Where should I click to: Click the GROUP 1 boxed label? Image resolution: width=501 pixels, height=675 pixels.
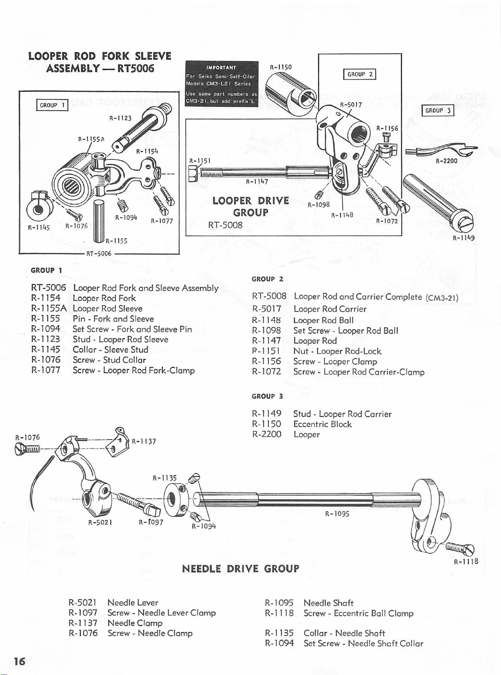pos(52,105)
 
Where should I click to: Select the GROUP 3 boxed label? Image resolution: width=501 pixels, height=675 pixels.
pos(438,111)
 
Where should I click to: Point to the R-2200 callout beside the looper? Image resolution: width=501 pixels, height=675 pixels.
pos(447,161)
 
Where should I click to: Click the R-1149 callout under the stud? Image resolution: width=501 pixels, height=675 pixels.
pos(463,238)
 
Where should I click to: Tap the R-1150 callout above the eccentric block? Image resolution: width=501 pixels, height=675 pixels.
pos(281,67)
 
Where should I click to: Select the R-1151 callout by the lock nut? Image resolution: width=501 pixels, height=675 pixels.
pos(197,161)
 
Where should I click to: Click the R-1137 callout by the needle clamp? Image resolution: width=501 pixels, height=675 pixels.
pos(144,441)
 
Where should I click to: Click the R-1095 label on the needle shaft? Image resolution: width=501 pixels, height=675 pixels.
pos(337,513)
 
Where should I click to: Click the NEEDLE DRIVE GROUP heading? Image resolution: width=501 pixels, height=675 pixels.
pos(241,569)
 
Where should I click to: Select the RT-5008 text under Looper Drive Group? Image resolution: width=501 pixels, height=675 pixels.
pos(225,225)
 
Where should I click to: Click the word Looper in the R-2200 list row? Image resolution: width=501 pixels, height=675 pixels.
pos(306,434)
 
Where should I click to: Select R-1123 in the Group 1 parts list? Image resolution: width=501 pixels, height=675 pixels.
pos(46,339)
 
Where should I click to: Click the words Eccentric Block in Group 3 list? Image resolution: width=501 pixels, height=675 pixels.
pos(323,424)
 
